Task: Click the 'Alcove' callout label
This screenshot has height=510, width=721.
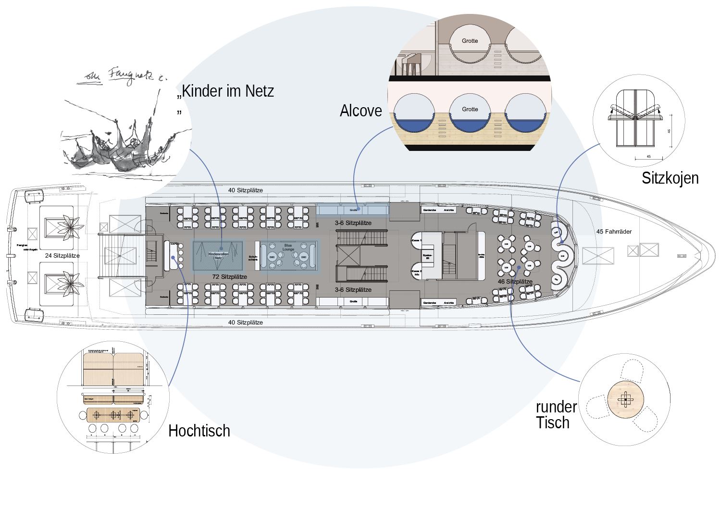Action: point(360,111)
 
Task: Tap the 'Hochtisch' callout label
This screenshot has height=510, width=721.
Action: point(199,431)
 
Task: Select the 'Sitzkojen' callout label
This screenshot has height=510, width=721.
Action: point(670,178)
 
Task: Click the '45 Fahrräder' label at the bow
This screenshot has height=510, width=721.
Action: point(614,232)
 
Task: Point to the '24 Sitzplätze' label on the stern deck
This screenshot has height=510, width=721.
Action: point(62,255)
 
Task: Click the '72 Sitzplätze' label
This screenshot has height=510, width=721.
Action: point(230,277)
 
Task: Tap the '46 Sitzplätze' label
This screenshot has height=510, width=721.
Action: point(515,282)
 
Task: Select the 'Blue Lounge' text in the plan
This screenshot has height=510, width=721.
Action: point(288,246)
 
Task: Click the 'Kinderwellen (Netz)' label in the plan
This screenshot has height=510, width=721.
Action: point(218,256)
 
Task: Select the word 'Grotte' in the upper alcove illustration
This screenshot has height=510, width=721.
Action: point(470,41)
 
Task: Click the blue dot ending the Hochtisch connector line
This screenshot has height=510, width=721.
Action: point(172,257)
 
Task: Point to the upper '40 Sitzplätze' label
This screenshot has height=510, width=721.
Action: point(246,190)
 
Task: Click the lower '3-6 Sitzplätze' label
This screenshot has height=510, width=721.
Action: point(353,290)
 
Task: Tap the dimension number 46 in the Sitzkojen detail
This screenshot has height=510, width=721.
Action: point(669,130)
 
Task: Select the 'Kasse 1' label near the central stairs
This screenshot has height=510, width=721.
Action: point(416,239)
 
